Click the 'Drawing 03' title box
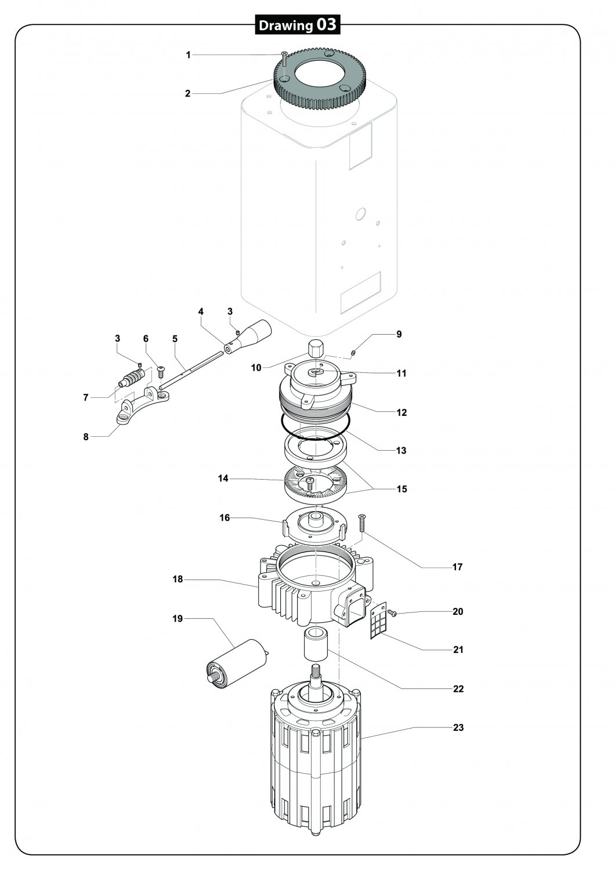[297, 25]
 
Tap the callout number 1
[189, 55]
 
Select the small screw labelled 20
[392, 614]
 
